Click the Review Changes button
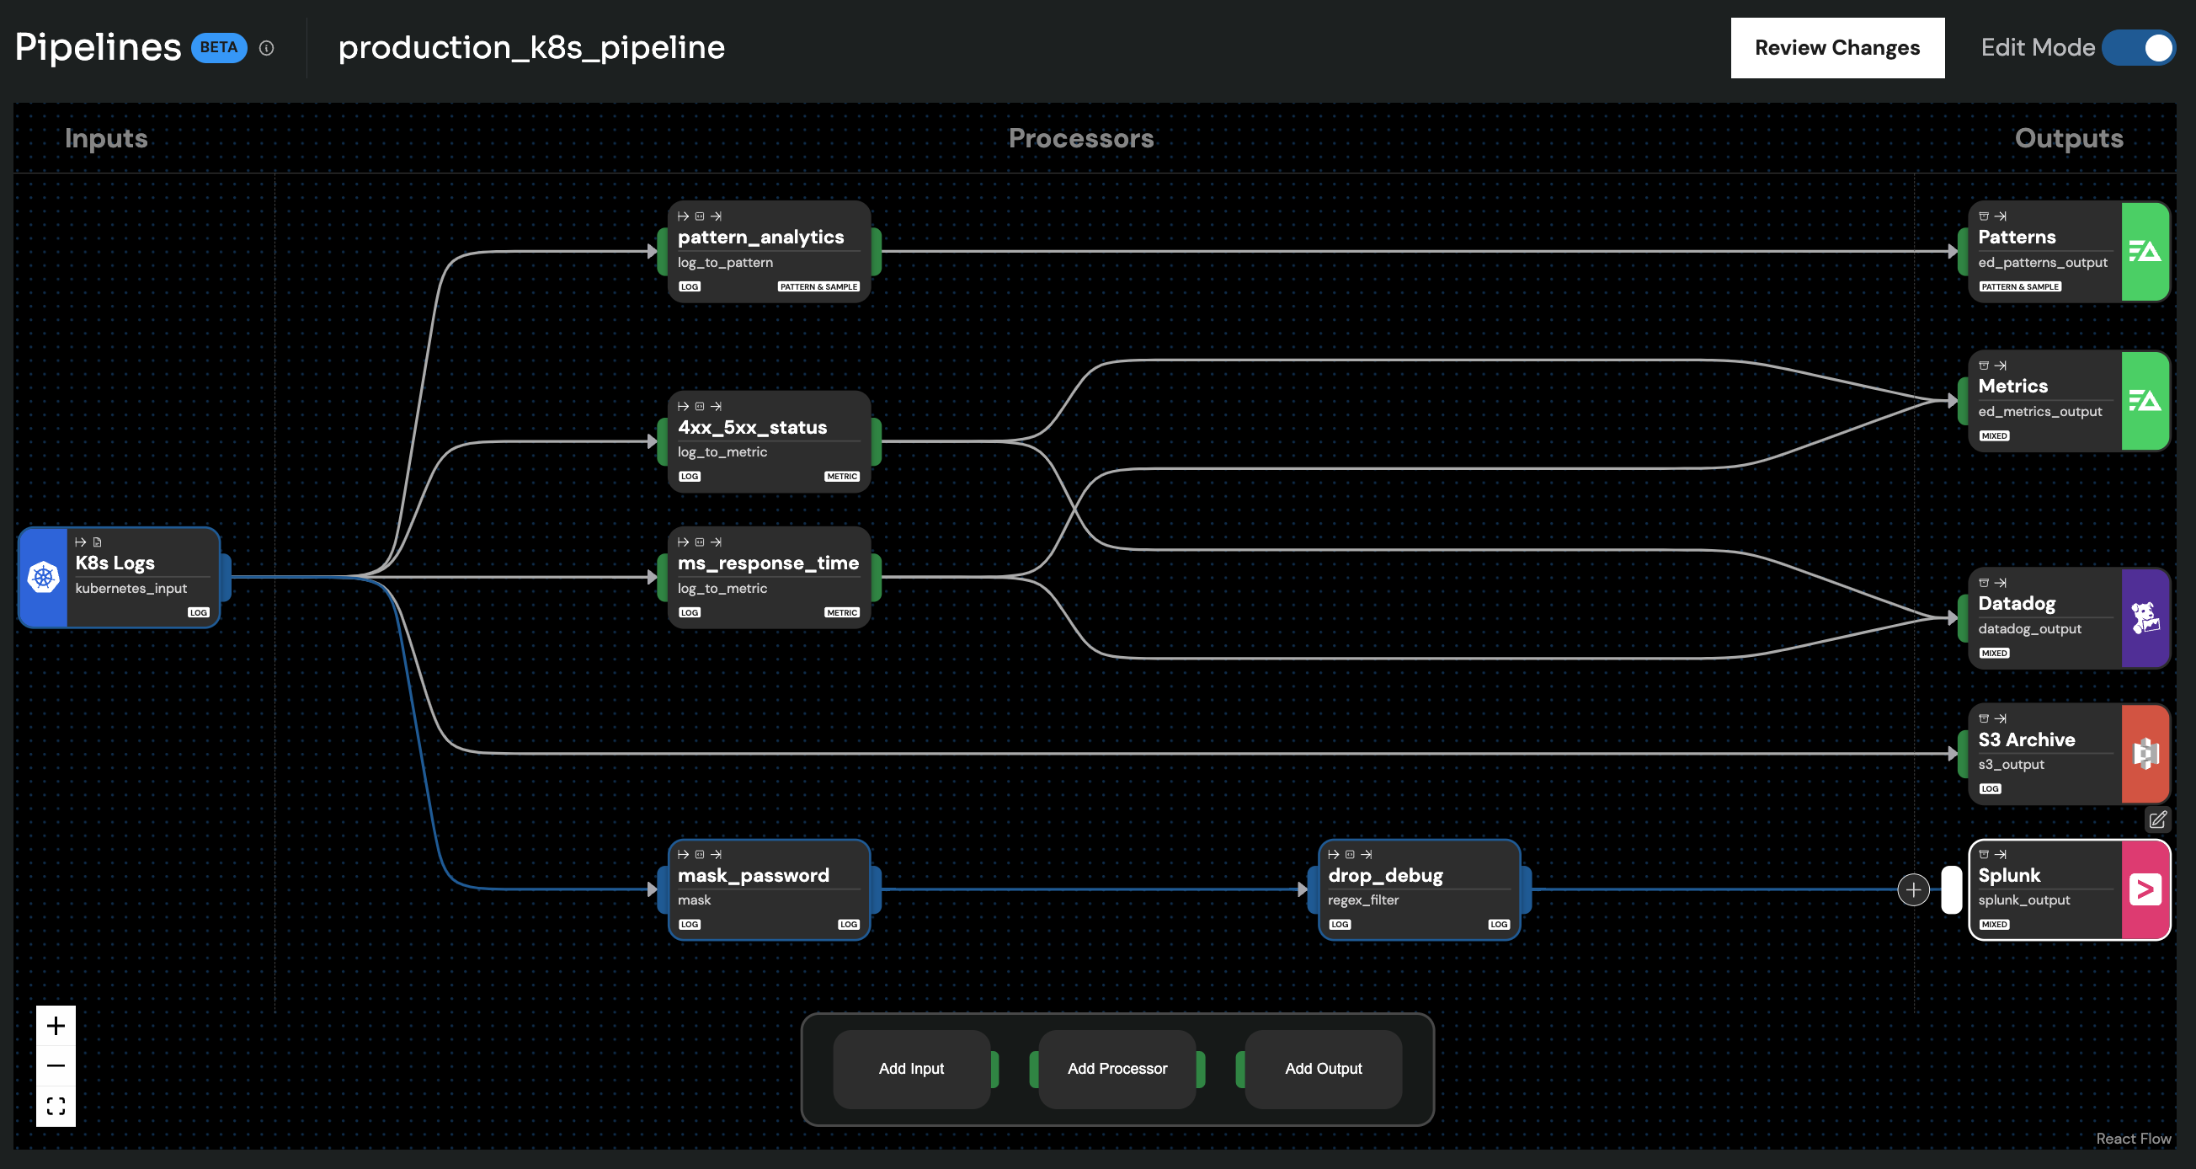click(x=1836, y=48)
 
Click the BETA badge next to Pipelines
click(x=218, y=48)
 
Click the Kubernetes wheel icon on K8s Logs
click(x=44, y=577)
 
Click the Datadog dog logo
click(x=2145, y=618)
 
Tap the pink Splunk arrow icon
click(x=2145, y=889)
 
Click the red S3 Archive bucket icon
click(x=2145, y=754)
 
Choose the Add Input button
click(x=910, y=1069)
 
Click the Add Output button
click(x=1322, y=1069)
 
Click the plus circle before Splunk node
click(x=1913, y=889)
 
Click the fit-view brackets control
click(x=56, y=1106)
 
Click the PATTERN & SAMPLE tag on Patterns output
click(x=2019, y=286)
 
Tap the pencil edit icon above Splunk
click(x=2156, y=819)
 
